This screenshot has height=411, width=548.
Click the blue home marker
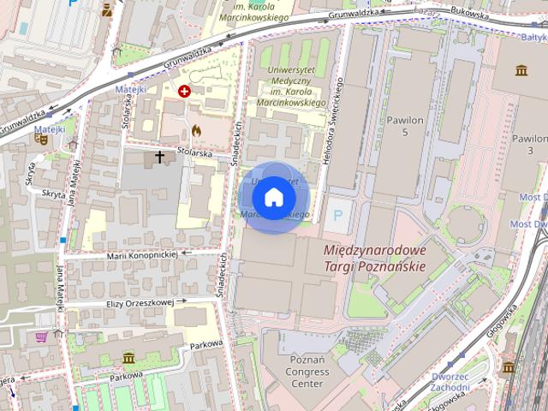click(x=273, y=197)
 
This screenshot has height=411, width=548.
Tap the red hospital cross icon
click(x=184, y=90)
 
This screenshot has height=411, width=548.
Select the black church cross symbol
click(x=159, y=158)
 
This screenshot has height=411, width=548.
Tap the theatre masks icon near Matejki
click(x=40, y=136)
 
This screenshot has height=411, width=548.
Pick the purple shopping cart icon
click(x=40, y=337)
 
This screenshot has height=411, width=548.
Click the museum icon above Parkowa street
click(x=128, y=357)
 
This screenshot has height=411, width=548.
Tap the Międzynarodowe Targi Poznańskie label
click(x=375, y=258)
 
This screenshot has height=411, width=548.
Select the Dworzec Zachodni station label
click(x=450, y=382)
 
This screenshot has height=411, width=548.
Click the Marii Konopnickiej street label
click(x=141, y=254)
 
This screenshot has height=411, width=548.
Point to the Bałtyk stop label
click(x=533, y=37)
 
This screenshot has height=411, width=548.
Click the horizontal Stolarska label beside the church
click(x=194, y=152)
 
